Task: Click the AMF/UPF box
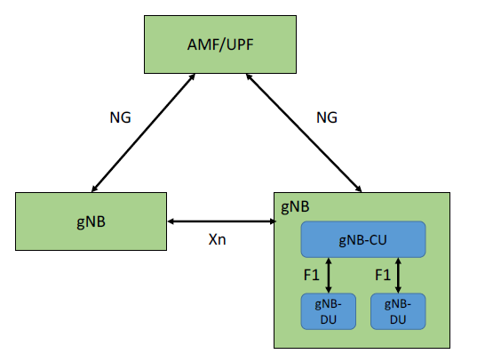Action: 221,44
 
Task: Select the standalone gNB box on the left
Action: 91,220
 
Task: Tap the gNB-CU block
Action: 364,239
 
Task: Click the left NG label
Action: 119,117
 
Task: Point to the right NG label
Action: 328,117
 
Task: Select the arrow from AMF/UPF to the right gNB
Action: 305,133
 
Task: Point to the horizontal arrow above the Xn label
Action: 221,221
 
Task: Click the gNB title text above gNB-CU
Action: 295,206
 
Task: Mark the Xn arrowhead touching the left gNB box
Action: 172,221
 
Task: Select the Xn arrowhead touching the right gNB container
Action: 270,221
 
